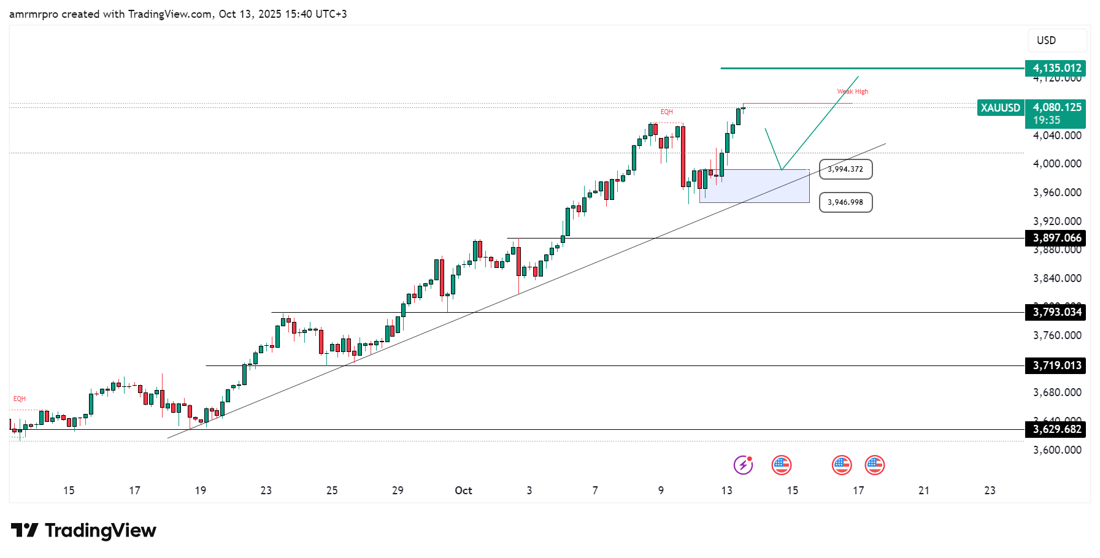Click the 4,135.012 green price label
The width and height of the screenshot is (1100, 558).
(1055, 68)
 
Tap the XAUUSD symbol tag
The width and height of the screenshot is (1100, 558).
(1000, 108)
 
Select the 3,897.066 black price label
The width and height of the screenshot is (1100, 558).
(1055, 238)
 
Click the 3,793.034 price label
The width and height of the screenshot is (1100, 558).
(1055, 312)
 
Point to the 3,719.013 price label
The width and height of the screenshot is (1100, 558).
(1055, 365)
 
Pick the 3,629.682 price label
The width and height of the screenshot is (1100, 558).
(1055, 429)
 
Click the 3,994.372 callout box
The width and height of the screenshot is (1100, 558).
(845, 169)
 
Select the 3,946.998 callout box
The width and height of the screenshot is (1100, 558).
(845, 202)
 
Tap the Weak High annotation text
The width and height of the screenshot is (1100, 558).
(853, 91)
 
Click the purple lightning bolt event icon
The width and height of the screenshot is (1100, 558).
(744, 465)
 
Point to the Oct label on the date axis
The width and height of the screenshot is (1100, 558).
(463, 491)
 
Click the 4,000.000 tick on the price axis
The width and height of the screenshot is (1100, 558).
(1057, 164)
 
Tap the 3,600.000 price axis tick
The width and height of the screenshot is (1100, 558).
(1057, 450)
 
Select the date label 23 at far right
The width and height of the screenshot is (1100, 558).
(990, 491)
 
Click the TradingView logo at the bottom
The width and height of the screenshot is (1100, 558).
(83, 530)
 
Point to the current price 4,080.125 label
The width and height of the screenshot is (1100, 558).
(1057, 107)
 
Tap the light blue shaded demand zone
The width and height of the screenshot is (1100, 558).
(754, 186)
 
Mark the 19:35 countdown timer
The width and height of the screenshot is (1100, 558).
(1047, 120)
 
